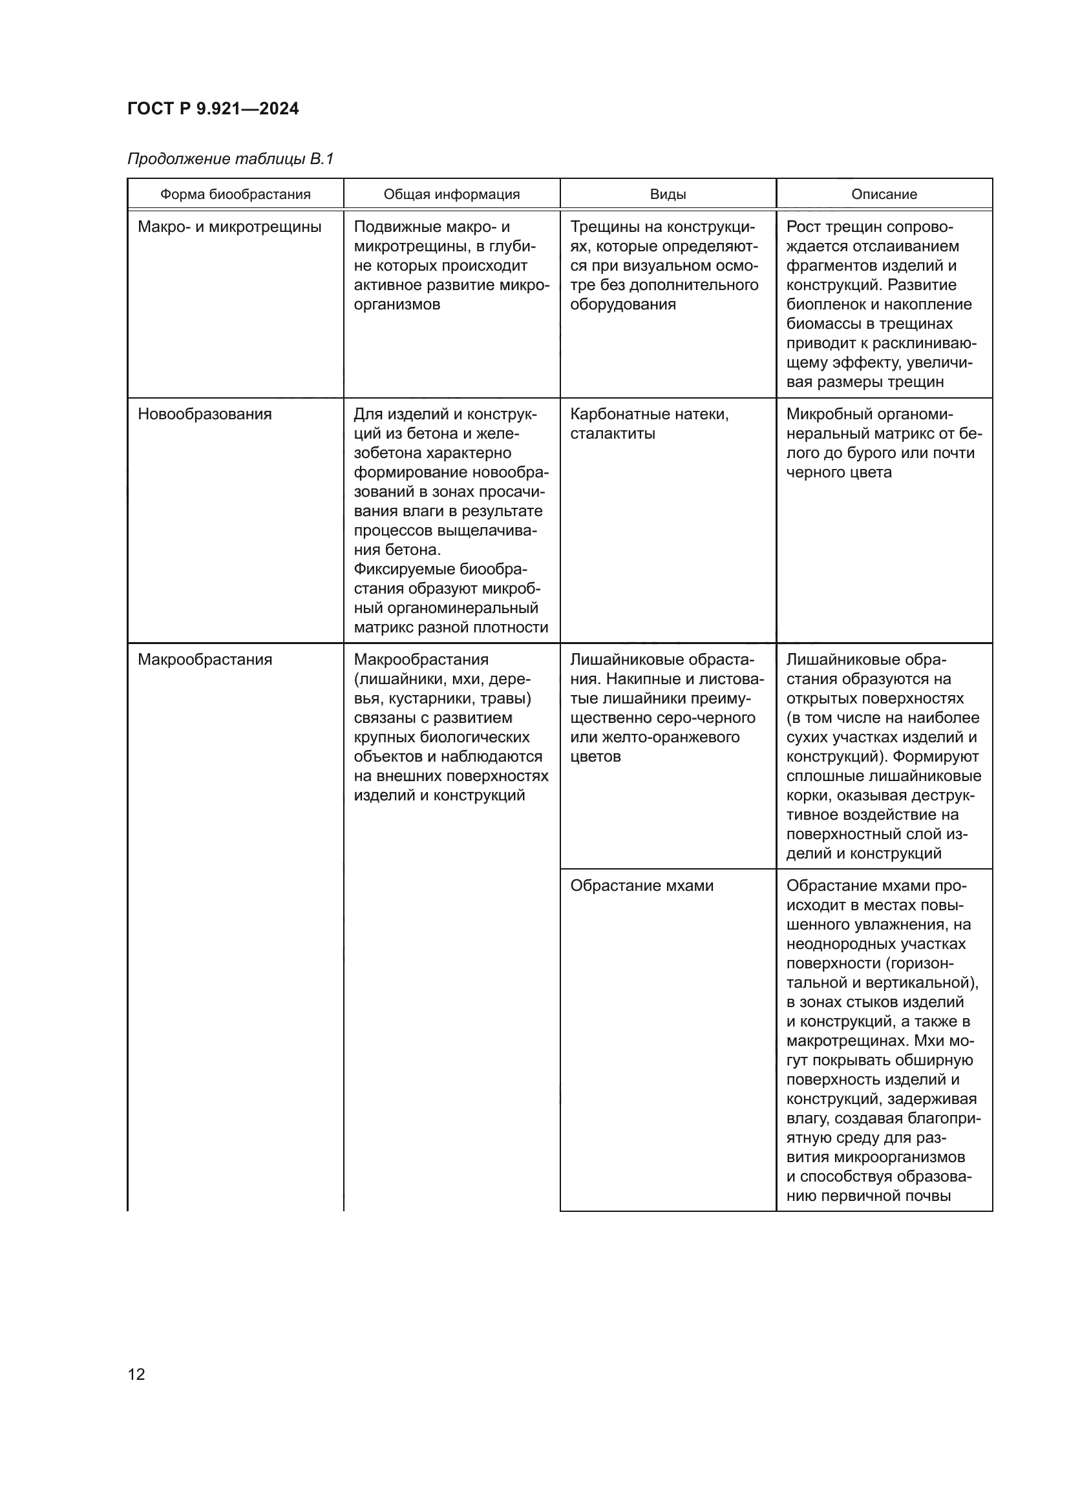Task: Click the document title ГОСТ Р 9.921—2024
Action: [213, 109]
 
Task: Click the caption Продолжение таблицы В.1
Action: [230, 159]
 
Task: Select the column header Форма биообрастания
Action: [235, 194]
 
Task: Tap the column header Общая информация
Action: [452, 194]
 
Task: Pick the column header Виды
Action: [668, 194]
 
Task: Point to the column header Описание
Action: [884, 194]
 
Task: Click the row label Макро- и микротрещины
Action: [229, 227]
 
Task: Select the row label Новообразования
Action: [204, 414]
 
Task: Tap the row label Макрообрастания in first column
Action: [205, 660]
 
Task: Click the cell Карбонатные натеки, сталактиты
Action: [649, 424]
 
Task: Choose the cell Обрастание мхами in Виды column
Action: [641, 886]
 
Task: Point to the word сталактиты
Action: [612, 433]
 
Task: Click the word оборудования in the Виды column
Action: [622, 305]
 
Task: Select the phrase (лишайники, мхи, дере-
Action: [441, 679]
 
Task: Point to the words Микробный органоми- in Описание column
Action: [869, 414]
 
